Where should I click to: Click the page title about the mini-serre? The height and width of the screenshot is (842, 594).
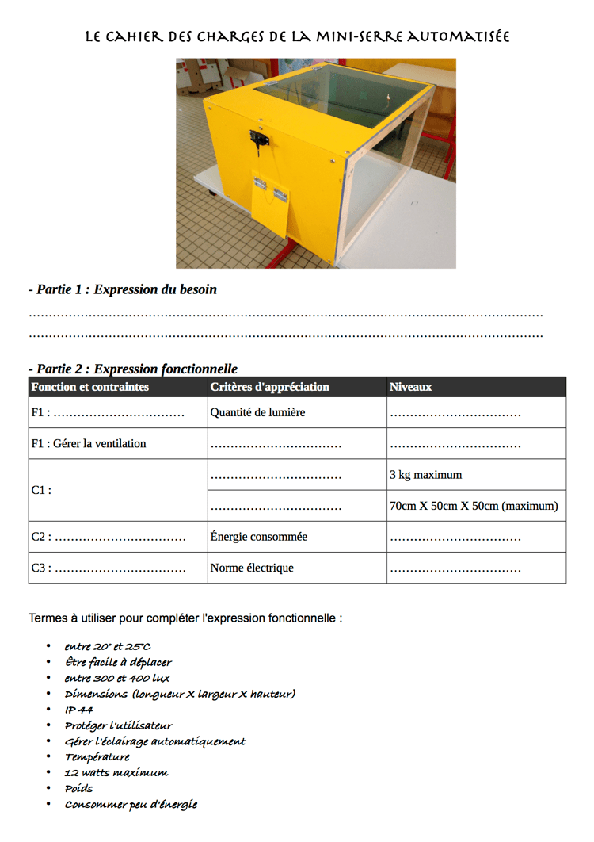(297, 36)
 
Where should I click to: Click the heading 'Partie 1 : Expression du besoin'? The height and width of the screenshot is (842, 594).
(122, 289)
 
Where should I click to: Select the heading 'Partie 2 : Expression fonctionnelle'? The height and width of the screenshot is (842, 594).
(132, 369)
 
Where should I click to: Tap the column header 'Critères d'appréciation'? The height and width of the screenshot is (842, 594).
(269, 387)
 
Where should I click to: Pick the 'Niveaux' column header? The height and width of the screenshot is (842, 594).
(410, 387)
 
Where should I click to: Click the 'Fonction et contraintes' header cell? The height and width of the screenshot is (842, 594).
(89, 387)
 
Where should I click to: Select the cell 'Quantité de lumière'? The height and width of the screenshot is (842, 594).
(257, 412)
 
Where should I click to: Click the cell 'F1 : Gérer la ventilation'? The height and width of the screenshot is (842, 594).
(89, 443)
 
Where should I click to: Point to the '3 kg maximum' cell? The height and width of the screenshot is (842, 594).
(426, 475)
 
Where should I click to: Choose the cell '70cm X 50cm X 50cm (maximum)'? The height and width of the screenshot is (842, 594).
(474, 506)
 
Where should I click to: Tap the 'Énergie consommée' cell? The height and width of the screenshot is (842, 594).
(259, 537)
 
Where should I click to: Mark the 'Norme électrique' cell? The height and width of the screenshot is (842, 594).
(252, 568)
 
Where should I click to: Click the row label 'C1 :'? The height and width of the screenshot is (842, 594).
(41, 490)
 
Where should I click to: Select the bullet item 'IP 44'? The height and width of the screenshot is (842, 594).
(78, 710)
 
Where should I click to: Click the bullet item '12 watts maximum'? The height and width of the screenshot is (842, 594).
(116, 772)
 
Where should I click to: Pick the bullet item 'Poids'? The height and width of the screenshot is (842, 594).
(78, 788)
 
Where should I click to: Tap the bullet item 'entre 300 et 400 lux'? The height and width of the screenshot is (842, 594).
(117, 678)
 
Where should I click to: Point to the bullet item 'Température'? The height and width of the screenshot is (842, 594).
(97, 756)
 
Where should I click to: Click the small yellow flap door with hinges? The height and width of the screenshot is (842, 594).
(269, 198)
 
